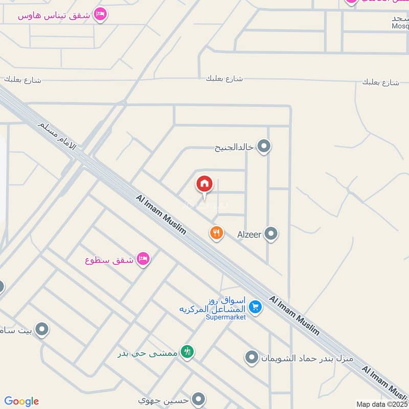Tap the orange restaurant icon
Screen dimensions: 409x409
click(x=217, y=233)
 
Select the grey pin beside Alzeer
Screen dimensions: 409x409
click(x=271, y=234)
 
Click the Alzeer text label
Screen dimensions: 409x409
click(x=249, y=235)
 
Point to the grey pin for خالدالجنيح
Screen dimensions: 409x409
click(x=264, y=147)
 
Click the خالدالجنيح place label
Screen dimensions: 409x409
click(x=234, y=148)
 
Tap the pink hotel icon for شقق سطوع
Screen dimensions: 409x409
click(x=144, y=260)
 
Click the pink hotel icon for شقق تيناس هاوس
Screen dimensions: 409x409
click(x=101, y=14)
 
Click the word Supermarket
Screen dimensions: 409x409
click(x=225, y=317)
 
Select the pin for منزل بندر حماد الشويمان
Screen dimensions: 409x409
click(x=252, y=357)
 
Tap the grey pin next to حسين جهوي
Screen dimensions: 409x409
click(x=199, y=399)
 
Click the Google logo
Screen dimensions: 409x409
click(x=21, y=401)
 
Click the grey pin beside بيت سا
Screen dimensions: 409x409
click(x=42, y=330)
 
